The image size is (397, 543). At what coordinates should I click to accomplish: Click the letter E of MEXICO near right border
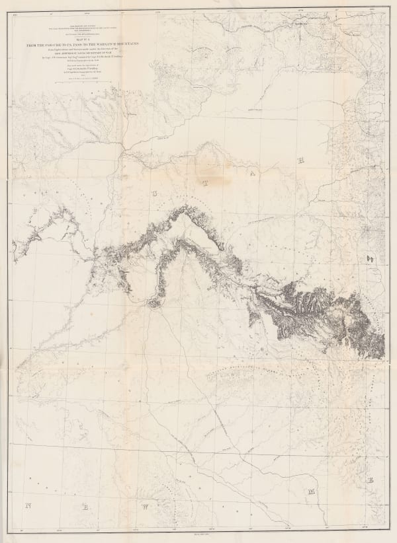pos(371,480)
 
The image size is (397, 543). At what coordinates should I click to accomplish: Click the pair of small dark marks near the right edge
pos(371,257)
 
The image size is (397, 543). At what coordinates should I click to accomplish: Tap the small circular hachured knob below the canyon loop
pos(155,303)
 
